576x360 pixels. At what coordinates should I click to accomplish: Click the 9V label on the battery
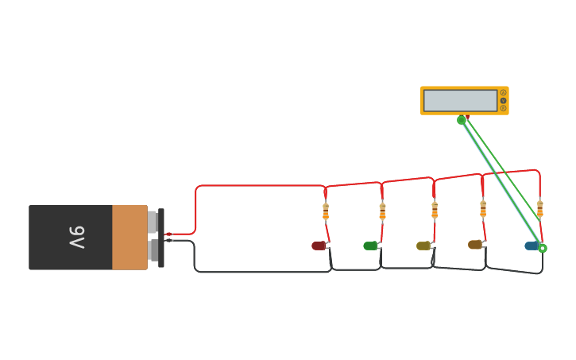click(x=76, y=238)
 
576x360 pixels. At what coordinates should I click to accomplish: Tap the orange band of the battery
click(x=129, y=238)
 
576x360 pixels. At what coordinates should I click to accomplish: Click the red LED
click(x=319, y=246)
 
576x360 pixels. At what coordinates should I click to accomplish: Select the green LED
click(x=370, y=246)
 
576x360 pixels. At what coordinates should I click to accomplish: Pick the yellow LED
click(x=423, y=246)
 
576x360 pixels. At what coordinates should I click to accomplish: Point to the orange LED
click(x=474, y=244)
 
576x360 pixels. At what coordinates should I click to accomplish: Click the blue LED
click(x=531, y=246)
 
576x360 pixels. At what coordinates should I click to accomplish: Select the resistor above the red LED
click(x=326, y=211)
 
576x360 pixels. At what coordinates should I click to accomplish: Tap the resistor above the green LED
click(x=382, y=211)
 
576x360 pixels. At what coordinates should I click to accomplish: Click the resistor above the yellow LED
click(x=435, y=210)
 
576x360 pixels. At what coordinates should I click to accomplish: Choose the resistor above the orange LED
click(x=483, y=208)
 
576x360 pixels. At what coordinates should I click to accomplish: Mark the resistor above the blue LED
click(x=540, y=208)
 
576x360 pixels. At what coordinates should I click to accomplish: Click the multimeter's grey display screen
click(x=460, y=101)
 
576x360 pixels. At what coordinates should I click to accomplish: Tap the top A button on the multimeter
click(x=503, y=93)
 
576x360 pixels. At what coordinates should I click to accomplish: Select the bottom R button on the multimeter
click(x=503, y=108)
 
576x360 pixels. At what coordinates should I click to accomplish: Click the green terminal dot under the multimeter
click(x=461, y=120)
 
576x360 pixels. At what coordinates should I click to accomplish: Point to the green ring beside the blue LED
click(x=543, y=248)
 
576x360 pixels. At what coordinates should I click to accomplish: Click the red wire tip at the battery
click(x=168, y=234)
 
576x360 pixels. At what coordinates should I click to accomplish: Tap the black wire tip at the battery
click(x=168, y=240)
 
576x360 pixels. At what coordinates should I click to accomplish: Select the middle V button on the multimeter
click(x=503, y=100)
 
